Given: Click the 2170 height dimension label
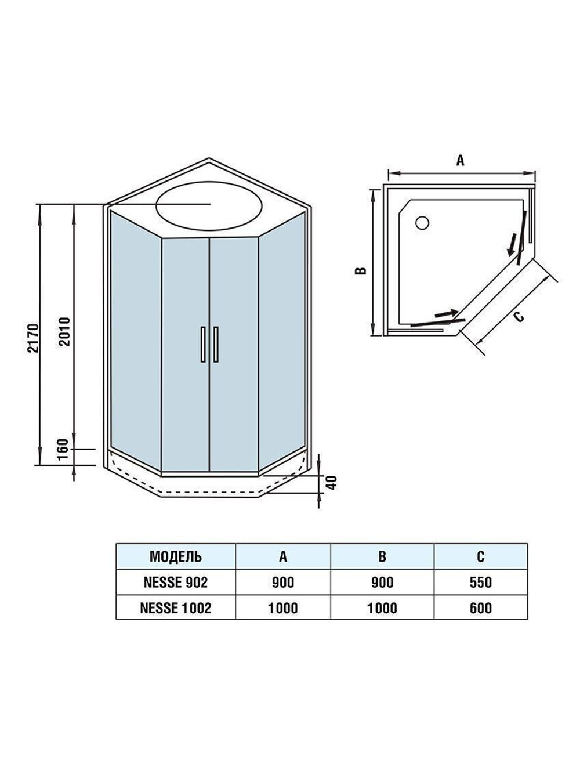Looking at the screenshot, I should coord(31,336).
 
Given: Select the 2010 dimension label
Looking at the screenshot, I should coord(64,331).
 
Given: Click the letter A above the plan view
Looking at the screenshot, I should coord(460,161).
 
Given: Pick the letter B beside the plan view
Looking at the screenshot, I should coord(360,271).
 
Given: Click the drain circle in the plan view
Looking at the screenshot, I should coord(422,222).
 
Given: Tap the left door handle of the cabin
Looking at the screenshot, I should coord(203,345).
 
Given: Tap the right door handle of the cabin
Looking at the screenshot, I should coord(216,345).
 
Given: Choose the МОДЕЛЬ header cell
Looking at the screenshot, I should coord(176,556).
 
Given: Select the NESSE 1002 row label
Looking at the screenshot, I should coord(176,607).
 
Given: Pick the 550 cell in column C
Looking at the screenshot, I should coord(481,582).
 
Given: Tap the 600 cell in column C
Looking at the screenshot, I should coord(481,607).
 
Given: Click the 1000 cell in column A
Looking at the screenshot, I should coord(283,607).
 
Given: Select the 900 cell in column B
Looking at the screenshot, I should coord(382,582).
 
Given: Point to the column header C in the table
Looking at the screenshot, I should coord(481,556).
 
